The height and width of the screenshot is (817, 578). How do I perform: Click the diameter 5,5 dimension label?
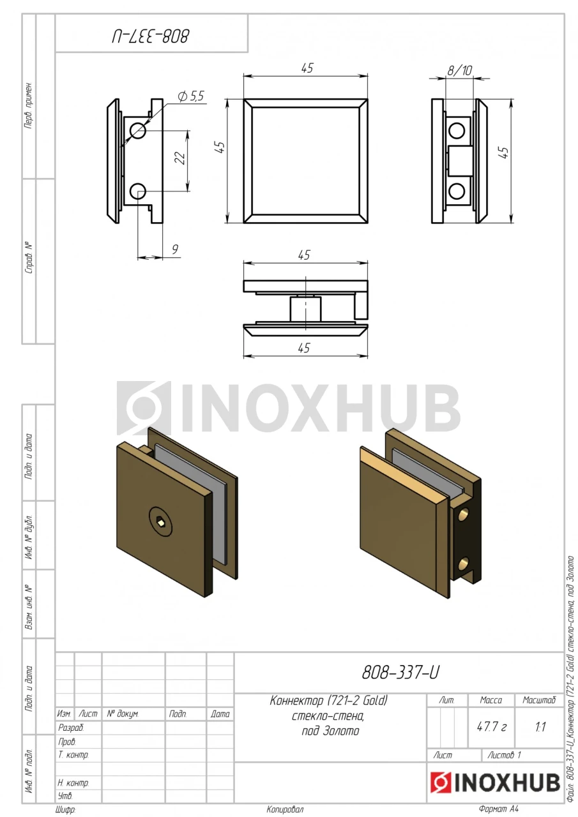[191, 96]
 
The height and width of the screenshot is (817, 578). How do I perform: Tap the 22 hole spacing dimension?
[180, 158]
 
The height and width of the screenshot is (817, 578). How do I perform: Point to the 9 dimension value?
[175, 249]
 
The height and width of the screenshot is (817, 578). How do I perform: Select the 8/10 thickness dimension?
[460, 70]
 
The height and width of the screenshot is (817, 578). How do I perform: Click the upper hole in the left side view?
[138, 131]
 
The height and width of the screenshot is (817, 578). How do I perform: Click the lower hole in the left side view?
[138, 191]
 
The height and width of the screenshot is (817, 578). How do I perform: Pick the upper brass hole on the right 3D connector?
[464, 515]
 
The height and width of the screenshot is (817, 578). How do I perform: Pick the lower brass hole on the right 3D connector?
[464, 564]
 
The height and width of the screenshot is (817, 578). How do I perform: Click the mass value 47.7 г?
[492, 726]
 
